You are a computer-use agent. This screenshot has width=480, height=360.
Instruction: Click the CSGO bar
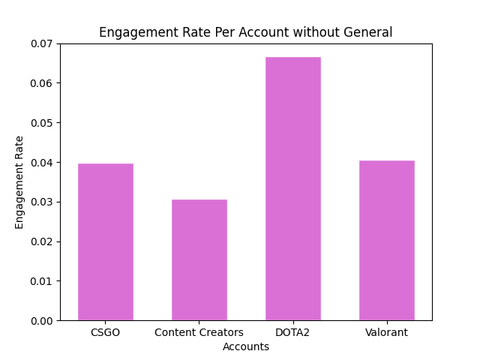click(x=105, y=241)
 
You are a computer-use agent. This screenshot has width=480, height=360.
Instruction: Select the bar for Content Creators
click(x=199, y=259)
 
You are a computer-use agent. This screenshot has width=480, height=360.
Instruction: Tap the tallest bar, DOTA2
click(x=292, y=188)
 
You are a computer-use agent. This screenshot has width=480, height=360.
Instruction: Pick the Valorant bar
click(x=386, y=240)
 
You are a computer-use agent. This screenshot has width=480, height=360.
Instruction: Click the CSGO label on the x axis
click(x=105, y=332)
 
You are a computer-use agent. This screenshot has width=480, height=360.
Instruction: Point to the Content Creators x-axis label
click(x=199, y=332)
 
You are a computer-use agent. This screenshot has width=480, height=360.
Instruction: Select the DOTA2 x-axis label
click(x=292, y=332)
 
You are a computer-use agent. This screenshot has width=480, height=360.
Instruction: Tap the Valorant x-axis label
click(x=386, y=332)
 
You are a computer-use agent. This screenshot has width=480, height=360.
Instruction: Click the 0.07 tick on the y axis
click(x=42, y=43)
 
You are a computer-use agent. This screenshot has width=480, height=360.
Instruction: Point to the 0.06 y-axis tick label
click(x=42, y=83)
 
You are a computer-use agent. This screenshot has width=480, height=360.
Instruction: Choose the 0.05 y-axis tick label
click(x=42, y=123)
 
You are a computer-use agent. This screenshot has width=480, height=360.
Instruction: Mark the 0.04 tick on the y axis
click(x=42, y=162)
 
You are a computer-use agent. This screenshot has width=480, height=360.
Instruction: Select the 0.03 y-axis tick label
click(x=42, y=202)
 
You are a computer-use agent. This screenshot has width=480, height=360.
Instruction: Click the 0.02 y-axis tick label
click(x=42, y=241)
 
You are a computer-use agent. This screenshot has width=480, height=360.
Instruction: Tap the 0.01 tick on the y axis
click(x=42, y=281)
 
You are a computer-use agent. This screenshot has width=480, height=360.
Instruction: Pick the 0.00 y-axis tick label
click(x=42, y=320)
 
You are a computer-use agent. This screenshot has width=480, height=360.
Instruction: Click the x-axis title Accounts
click(x=245, y=346)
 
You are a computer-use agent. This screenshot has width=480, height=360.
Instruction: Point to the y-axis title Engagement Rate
click(x=19, y=181)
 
